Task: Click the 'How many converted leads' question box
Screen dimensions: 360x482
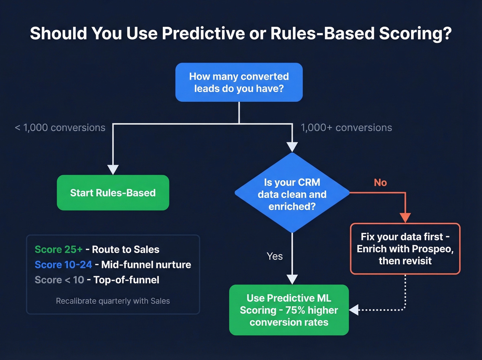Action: point(239,82)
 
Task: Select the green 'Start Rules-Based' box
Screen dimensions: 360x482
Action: point(113,193)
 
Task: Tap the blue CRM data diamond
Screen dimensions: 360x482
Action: point(292,193)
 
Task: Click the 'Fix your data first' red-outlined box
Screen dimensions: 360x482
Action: point(405,249)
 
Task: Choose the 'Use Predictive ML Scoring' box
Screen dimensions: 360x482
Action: point(289,310)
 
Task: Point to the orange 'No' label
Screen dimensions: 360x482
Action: point(380,183)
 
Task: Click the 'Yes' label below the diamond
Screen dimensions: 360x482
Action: point(274,256)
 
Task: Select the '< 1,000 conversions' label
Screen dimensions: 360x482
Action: point(60,128)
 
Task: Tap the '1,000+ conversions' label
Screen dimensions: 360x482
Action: point(346,128)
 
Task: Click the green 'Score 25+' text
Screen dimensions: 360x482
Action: point(59,249)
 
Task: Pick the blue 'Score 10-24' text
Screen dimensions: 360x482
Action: point(63,265)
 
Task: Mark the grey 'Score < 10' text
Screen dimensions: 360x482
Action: point(59,280)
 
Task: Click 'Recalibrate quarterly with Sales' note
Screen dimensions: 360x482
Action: point(113,301)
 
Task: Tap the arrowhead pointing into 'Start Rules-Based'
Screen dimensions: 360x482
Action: point(113,169)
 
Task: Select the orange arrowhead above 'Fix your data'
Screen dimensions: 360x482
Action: point(405,218)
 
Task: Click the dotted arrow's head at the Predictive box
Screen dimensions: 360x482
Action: point(354,310)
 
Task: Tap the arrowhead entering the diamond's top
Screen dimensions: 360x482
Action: point(292,147)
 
